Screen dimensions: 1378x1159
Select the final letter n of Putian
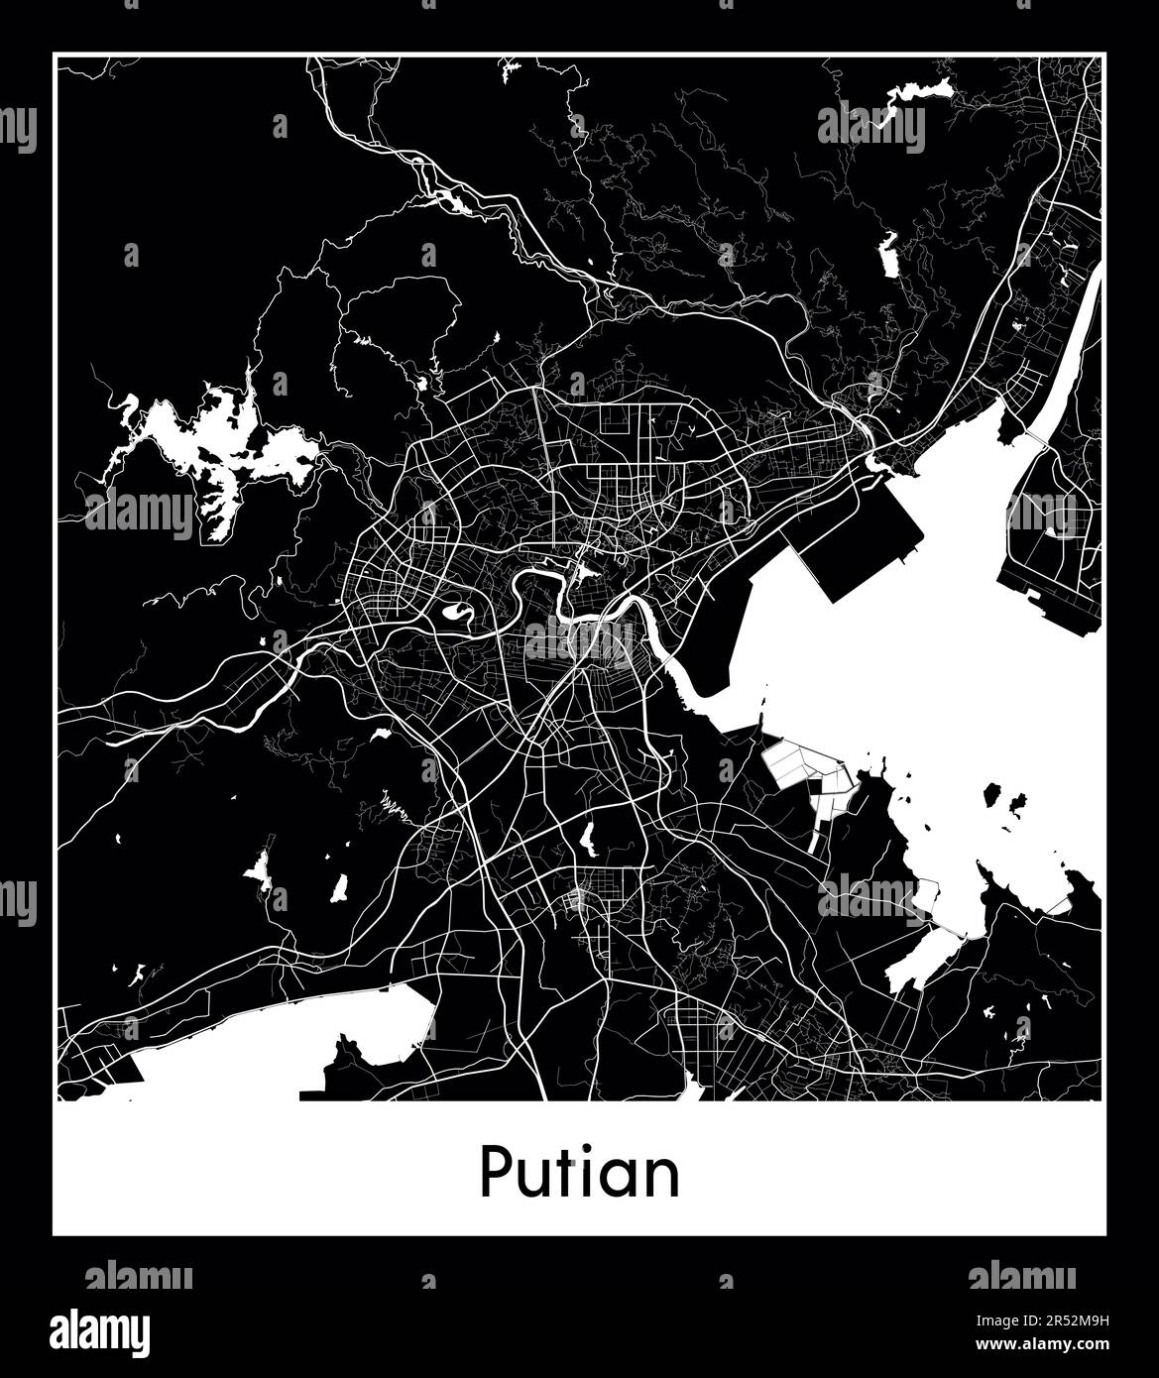(x=661, y=1178)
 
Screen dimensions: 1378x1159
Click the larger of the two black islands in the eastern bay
(x=991, y=794)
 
